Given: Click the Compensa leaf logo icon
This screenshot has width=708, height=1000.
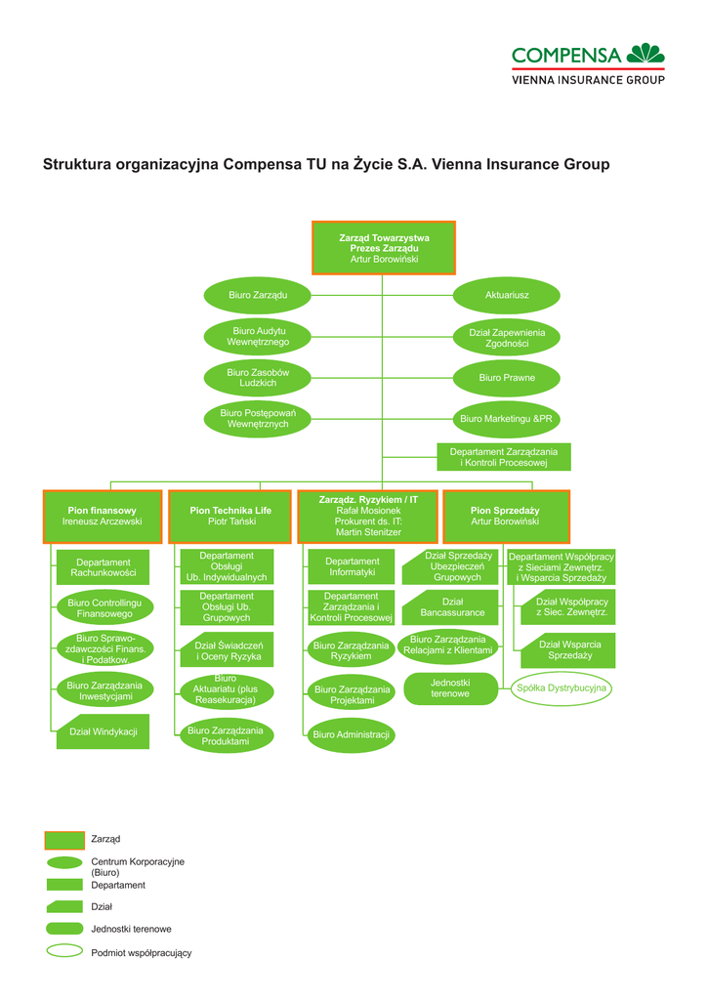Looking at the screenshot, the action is (646, 53).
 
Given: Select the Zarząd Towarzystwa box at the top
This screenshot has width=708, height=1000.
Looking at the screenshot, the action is (384, 248).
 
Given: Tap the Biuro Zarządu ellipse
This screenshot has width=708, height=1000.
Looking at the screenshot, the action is (258, 295).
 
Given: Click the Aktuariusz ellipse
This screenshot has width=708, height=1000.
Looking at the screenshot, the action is (507, 295).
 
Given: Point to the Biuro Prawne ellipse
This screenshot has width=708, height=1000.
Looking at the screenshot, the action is (507, 378).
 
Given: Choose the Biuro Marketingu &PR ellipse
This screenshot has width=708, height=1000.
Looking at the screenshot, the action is (507, 419).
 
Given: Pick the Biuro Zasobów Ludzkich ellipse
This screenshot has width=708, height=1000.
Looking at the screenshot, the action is (258, 378).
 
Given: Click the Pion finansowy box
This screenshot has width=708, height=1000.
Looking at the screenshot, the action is (103, 517).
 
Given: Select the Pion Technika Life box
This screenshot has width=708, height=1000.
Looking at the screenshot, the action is (230, 517).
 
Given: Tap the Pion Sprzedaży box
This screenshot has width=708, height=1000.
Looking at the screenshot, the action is (507, 517).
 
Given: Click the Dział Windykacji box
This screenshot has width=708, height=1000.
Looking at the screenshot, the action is (103, 731).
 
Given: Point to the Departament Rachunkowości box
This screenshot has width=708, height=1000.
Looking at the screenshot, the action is (103, 567).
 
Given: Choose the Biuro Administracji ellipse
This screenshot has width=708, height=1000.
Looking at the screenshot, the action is (351, 734).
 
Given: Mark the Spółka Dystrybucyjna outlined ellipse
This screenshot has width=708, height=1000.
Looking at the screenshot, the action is (562, 688).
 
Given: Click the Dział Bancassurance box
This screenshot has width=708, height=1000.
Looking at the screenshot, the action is (450, 607).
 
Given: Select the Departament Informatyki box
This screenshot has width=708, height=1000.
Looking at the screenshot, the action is (352, 567).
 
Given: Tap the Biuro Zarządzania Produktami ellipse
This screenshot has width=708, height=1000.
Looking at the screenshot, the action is (226, 735).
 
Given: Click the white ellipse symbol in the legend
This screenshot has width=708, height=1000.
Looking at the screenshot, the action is (64, 951).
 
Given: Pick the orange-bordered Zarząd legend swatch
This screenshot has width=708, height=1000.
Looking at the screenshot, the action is (64, 841).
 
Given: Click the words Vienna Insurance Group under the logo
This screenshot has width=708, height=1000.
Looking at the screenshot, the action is (588, 80).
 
